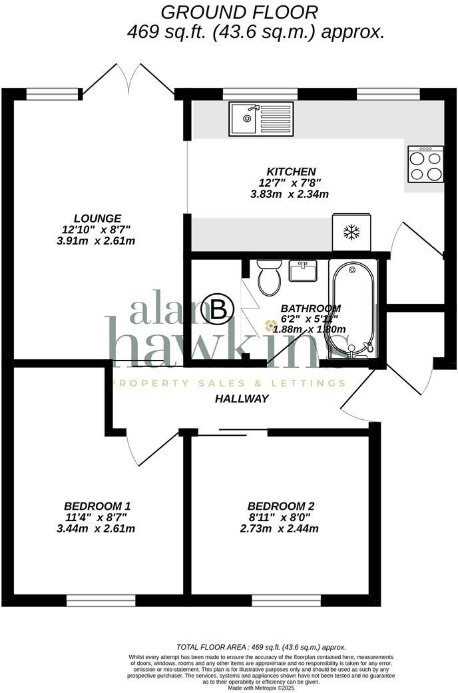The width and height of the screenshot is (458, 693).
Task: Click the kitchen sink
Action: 261,119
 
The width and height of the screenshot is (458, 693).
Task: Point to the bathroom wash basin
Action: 304,271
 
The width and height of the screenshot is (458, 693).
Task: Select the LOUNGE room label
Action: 97,218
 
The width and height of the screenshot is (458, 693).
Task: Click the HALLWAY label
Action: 242,398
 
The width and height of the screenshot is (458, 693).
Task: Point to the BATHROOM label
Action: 311,309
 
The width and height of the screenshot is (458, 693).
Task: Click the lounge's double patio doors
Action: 128,79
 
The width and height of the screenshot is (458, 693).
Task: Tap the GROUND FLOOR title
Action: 240,11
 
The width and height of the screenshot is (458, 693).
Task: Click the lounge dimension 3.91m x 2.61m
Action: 97,241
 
